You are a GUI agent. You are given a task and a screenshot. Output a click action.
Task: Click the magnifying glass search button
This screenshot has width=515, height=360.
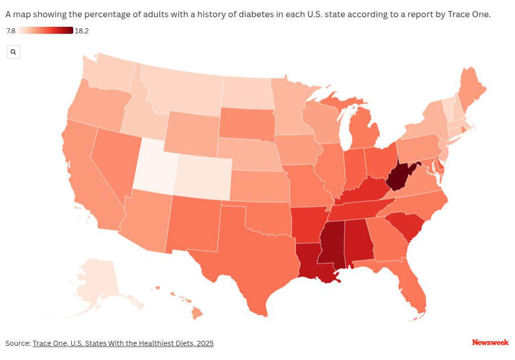(x=13, y=52)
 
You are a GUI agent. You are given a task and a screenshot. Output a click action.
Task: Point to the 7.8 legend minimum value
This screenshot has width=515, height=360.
(x=11, y=31)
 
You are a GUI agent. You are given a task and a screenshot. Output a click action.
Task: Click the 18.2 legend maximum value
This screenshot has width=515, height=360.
(x=82, y=31)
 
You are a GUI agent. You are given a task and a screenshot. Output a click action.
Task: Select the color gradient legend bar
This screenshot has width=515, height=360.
(x=46, y=30)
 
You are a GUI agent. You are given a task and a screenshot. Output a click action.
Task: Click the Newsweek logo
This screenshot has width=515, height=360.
(x=490, y=343)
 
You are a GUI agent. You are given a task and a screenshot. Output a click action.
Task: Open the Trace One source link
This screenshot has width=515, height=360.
(x=123, y=343)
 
